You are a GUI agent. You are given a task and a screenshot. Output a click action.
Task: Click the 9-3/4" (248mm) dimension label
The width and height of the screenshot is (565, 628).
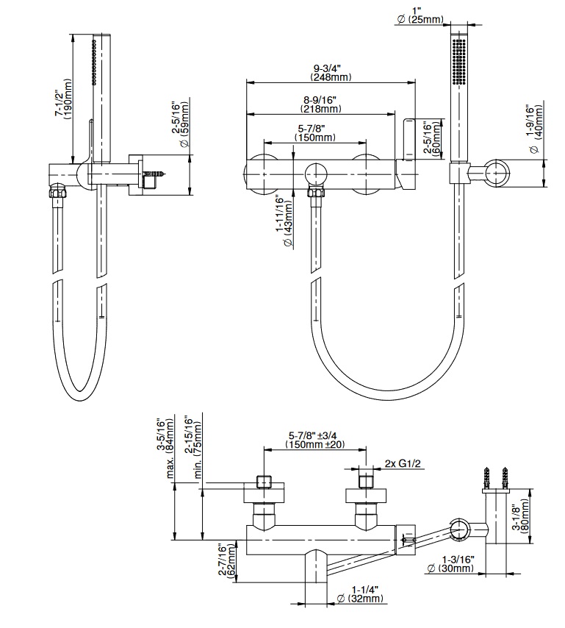click(330, 71)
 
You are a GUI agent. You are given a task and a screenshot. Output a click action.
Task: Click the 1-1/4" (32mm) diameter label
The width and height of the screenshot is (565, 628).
click(364, 594)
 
